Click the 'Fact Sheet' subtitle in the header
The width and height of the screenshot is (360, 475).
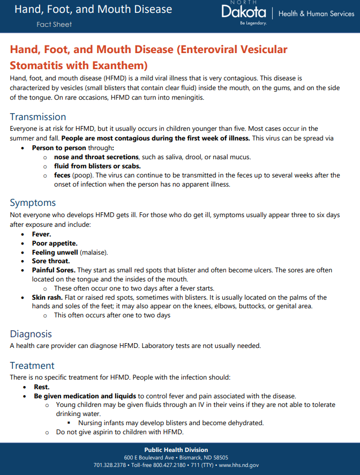[54, 24]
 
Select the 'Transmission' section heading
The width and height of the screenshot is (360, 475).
[38, 117]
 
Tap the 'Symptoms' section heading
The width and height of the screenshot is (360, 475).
[33, 203]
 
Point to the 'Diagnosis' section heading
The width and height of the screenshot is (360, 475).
[31, 334]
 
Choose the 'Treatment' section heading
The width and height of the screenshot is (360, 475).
[32, 366]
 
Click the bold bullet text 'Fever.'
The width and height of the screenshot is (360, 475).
[42, 234]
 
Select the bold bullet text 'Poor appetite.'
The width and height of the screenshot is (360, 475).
[55, 243]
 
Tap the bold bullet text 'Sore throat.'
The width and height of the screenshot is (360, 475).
[51, 261]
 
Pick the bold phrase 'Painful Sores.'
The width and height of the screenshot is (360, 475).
[54, 270]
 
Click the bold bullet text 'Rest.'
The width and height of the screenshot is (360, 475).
[42, 387]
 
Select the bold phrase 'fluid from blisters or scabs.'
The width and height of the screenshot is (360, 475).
[97, 166]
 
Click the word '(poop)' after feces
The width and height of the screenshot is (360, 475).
[82, 175]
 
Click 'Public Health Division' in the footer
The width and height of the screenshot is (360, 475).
[176, 450]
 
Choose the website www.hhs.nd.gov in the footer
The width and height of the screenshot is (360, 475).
[239, 465]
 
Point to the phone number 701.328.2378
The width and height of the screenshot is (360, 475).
[110, 465]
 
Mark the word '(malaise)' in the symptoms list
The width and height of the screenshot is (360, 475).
[94, 252]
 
